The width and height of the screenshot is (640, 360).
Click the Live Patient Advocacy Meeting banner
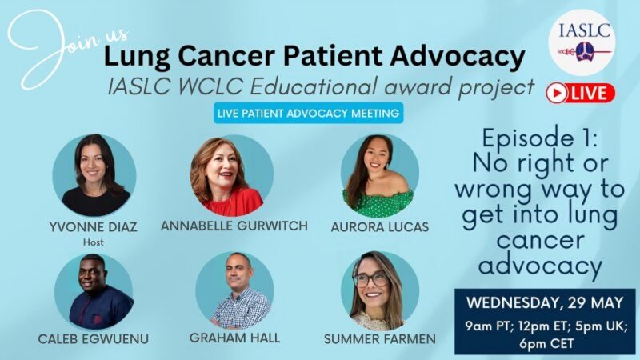click(x=309, y=114)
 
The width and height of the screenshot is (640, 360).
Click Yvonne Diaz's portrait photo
click(x=94, y=175)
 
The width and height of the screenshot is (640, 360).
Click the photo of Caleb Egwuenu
click(x=94, y=291)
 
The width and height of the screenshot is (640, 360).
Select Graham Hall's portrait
click(x=234, y=291)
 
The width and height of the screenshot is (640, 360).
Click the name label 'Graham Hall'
click(x=235, y=338)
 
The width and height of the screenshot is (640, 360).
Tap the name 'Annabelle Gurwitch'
click(x=234, y=226)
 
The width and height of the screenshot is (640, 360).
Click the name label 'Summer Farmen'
click(x=379, y=339)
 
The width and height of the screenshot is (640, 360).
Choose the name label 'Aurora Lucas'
click(x=379, y=226)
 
